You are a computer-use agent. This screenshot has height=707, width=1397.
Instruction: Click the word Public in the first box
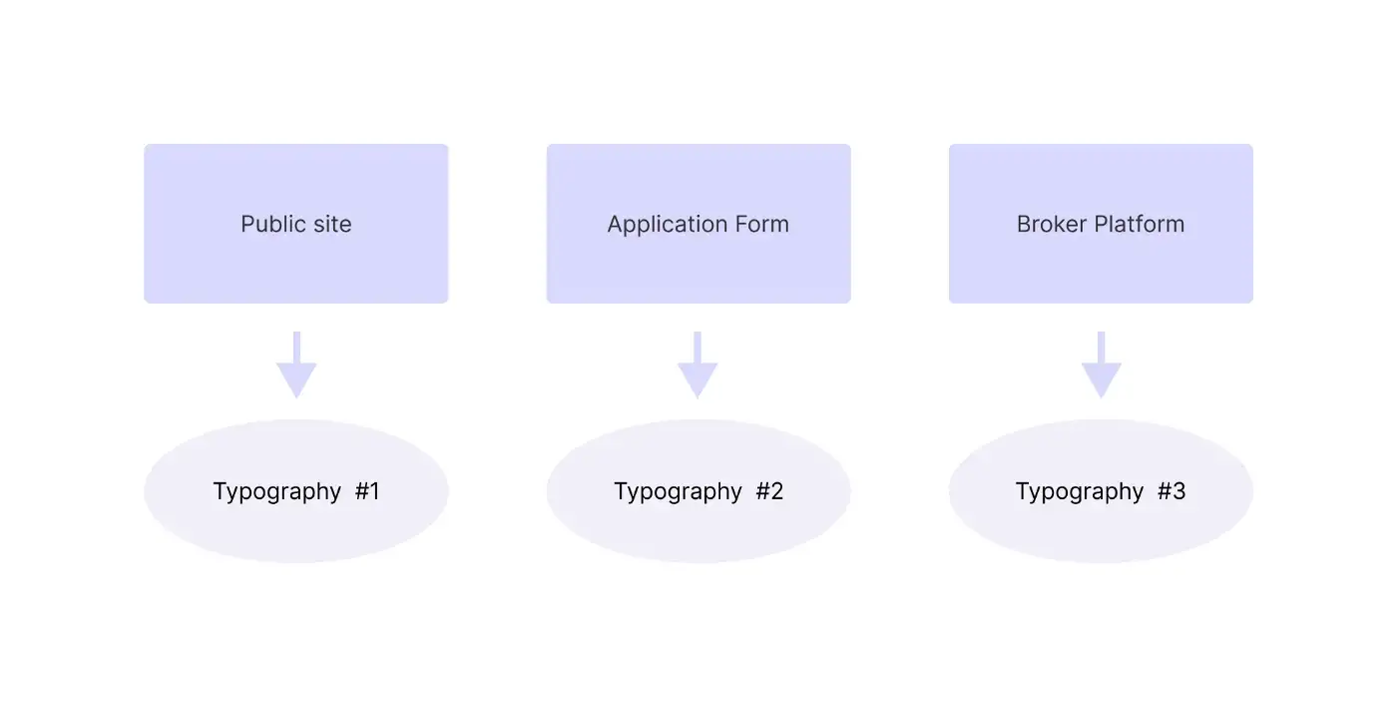pos(273,224)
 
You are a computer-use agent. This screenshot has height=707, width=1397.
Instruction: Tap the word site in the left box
pos(332,224)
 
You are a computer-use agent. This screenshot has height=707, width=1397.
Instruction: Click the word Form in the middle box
pos(762,224)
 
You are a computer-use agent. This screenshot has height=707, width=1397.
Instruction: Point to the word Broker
pos(1052,224)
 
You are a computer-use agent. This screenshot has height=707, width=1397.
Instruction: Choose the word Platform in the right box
pos(1140,224)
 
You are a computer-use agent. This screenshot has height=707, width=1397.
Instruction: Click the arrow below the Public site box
pos(296,365)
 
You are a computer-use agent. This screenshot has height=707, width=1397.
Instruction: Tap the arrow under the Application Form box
pos(698,365)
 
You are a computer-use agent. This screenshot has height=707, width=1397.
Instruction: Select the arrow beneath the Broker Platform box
pos(1102,365)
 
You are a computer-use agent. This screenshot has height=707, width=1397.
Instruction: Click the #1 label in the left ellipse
pos(367,491)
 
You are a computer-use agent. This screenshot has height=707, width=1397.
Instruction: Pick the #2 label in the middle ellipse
pos(769,491)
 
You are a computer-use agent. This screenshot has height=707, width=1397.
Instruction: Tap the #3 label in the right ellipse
pos(1171,491)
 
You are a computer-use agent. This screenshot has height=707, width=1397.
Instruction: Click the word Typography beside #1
pos(277,491)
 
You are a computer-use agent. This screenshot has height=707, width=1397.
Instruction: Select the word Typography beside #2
pos(678,491)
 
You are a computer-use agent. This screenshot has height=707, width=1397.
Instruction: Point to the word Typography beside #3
pos(1080,491)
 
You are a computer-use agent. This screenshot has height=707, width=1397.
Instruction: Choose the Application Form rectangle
pos(698,187)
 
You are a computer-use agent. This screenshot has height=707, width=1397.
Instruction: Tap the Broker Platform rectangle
pos(1101,187)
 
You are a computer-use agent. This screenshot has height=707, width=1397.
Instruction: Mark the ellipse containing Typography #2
pos(698,530)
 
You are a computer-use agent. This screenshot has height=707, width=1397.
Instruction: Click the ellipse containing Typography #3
pos(1101,530)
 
